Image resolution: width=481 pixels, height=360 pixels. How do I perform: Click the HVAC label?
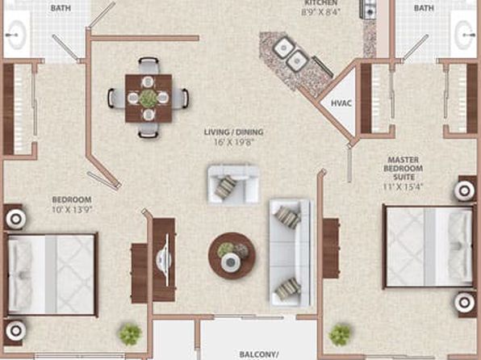(x=341, y=103)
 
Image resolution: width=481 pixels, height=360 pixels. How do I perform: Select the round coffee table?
(x=232, y=256)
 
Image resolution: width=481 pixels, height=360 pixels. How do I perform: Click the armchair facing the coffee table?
(x=233, y=184)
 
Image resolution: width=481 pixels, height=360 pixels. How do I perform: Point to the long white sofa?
(x=291, y=253)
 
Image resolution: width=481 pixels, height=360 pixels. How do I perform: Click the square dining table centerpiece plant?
(x=148, y=98)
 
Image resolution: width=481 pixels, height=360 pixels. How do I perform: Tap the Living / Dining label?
(x=234, y=132)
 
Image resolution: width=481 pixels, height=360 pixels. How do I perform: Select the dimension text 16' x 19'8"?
(x=234, y=142)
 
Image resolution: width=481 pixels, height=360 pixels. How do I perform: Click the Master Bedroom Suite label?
(x=403, y=169)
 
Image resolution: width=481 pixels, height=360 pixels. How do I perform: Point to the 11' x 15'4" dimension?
(x=403, y=186)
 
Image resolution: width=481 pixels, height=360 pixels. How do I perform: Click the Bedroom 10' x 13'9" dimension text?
(x=72, y=210)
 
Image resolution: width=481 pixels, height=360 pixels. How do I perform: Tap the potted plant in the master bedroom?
(x=340, y=334)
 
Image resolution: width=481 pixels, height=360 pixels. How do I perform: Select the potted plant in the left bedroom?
(x=131, y=334)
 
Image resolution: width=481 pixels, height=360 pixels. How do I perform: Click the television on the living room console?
(x=165, y=260)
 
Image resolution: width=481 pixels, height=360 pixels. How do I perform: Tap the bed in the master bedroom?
(x=429, y=247)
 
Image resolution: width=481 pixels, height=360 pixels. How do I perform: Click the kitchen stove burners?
(x=368, y=9)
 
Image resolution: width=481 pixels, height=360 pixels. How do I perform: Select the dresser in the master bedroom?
(x=331, y=249)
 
